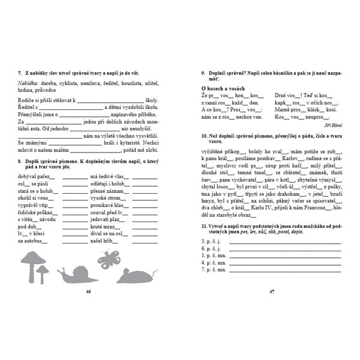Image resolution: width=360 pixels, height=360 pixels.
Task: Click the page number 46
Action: click(x=88, y=291)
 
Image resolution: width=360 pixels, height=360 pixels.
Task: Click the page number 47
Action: click(x=271, y=291)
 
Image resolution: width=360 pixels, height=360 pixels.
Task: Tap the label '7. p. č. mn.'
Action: click(x=215, y=270)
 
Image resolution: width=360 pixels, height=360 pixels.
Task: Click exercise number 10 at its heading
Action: click(x=204, y=137)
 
